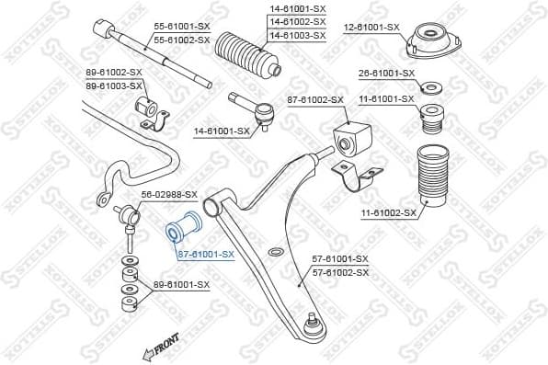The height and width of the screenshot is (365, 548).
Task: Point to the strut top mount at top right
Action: (428, 40)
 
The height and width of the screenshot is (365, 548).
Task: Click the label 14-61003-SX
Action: (297, 35)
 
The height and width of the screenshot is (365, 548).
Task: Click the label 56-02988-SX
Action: (169, 194)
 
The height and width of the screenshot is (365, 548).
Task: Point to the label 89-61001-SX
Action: (181, 284)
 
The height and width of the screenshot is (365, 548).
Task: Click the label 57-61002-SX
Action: (340, 272)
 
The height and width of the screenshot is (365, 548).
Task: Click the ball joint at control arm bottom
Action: (314, 322)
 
